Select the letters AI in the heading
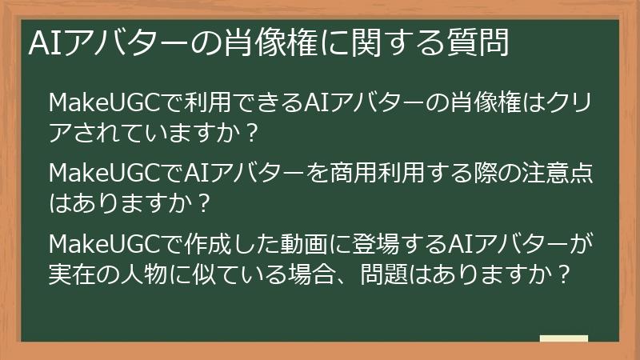(x=41, y=43)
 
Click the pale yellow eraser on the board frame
(x=563, y=339)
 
